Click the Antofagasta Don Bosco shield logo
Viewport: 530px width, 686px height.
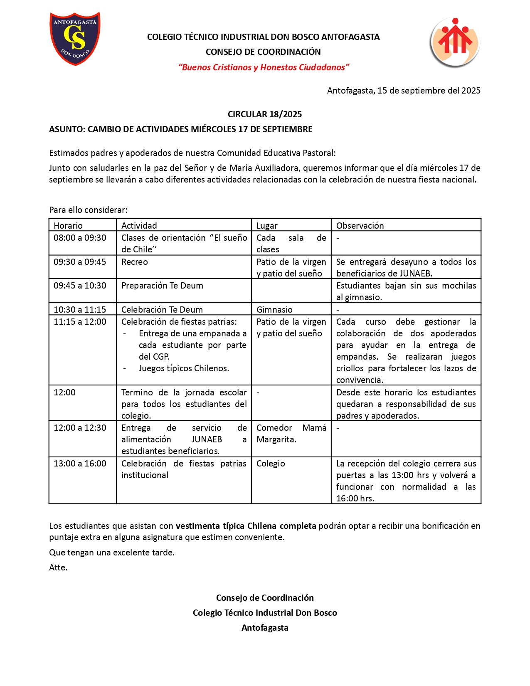pyautogui.click(x=75, y=38)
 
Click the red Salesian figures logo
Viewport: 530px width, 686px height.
pyautogui.click(x=455, y=42)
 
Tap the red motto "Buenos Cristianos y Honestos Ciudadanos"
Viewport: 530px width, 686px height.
pyautogui.click(x=264, y=67)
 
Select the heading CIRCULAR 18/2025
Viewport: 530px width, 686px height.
pyautogui.click(x=265, y=114)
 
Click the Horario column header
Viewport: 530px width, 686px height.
pyautogui.click(x=68, y=225)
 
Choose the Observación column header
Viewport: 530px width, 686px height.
pyautogui.click(x=360, y=225)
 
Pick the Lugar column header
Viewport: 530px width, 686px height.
pyautogui.click(x=267, y=225)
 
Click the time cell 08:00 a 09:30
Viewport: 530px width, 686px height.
pyautogui.click(x=80, y=238)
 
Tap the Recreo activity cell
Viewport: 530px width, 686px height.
pyautogui.click(x=135, y=262)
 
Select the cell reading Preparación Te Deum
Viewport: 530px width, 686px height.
pyautogui.click(x=162, y=286)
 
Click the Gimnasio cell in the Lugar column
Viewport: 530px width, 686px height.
pyautogui.click(x=274, y=309)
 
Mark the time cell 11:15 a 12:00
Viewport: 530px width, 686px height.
pyautogui.click(x=80, y=322)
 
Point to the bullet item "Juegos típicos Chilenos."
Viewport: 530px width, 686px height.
pyautogui.click(x=184, y=368)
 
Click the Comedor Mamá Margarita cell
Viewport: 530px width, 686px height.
pyautogui.click(x=291, y=434)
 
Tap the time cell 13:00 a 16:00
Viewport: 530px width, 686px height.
pyautogui.click(x=80, y=464)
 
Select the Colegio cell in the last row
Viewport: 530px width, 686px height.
pyautogui.click(x=271, y=464)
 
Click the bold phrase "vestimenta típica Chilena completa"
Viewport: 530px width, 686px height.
pyautogui.click(x=246, y=526)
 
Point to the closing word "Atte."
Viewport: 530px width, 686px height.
pyautogui.click(x=58, y=568)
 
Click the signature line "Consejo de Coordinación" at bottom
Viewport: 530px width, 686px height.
pyautogui.click(x=265, y=598)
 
